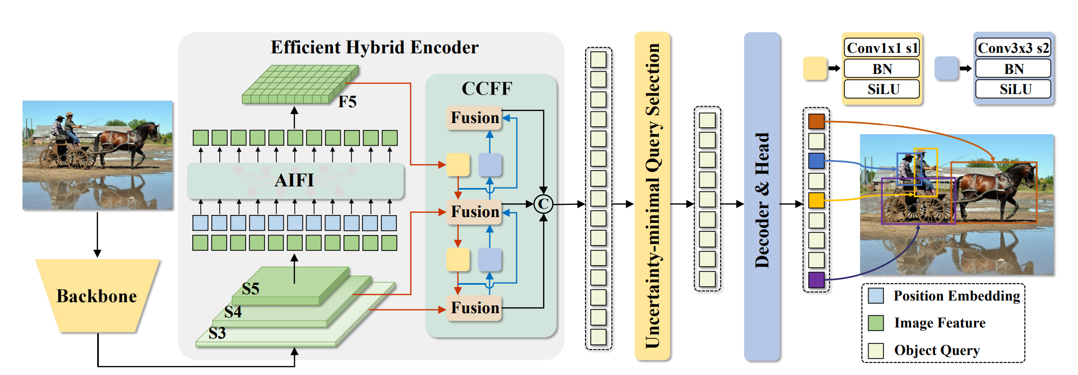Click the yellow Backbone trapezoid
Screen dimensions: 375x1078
[97, 296]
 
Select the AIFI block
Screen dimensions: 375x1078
[295, 181]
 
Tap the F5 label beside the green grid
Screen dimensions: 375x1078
[347, 101]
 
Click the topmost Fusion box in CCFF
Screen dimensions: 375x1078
[475, 117]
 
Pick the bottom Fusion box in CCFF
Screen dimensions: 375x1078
[475, 308]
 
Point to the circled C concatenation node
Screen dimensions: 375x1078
[543, 204]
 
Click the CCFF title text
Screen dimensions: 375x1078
[487, 88]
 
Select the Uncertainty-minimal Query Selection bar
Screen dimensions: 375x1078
[653, 195]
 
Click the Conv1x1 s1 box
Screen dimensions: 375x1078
[882, 48]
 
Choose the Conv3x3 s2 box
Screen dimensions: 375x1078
[1013, 48]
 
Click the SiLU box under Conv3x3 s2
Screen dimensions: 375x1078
[1013, 89]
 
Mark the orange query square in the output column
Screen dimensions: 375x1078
[816, 121]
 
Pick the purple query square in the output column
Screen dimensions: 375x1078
[816, 279]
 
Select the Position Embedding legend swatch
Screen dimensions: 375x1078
[876, 296]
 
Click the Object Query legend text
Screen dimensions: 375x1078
[936, 350]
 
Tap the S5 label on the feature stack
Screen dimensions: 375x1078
[250, 289]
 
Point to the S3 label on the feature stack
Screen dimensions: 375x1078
[217, 333]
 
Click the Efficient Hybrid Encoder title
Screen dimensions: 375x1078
[374, 48]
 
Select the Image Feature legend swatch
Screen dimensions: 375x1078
[876, 323]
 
